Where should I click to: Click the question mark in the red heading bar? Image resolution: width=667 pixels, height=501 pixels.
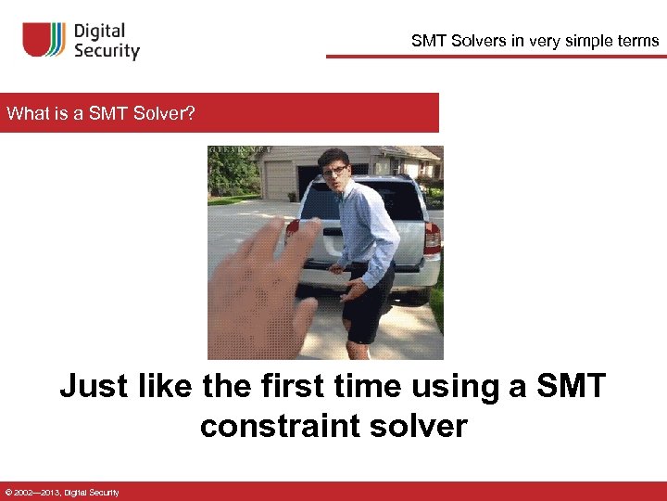(x=190, y=114)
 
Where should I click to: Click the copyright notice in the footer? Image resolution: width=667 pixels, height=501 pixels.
(x=61, y=492)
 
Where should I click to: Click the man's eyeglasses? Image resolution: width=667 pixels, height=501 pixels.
(x=333, y=173)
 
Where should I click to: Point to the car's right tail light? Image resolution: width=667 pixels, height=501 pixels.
(x=432, y=239)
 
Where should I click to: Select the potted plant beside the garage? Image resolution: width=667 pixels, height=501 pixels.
(x=293, y=196)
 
